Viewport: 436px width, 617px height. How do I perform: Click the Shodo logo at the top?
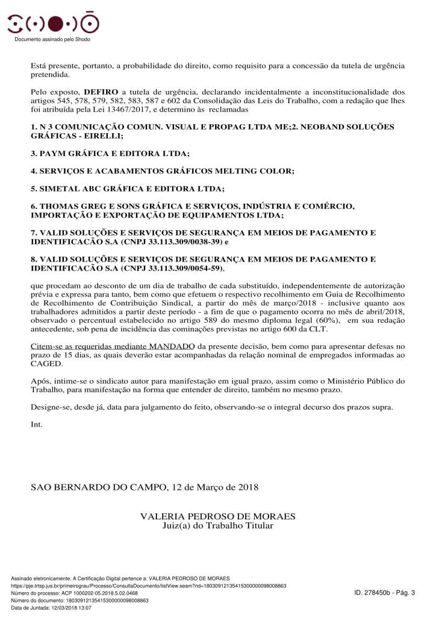pos(53,23)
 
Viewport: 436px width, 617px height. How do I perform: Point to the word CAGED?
pos(46,364)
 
